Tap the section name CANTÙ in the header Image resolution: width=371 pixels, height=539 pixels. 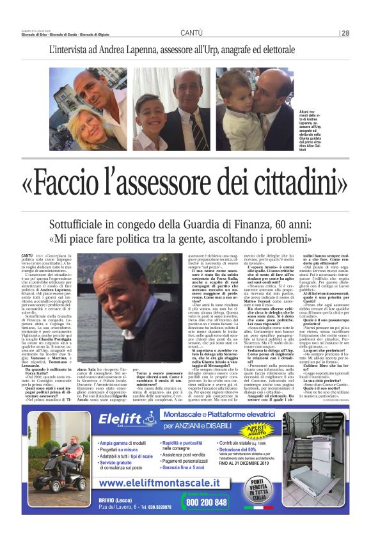[x=191, y=33]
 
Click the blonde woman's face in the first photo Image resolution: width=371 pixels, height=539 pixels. [x=84, y=122]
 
